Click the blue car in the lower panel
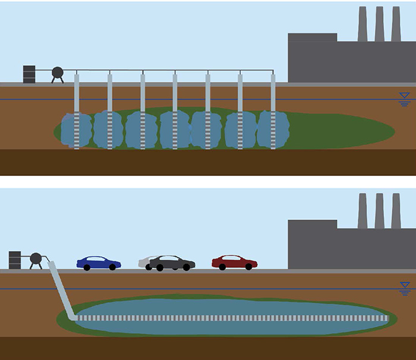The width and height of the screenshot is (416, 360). tap(99, 263)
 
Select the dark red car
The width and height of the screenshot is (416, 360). tap(234, 262)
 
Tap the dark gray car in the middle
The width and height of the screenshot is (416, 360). tap(172, 263)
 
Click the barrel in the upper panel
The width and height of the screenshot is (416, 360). tap(29, 74)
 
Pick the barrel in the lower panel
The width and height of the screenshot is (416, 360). tap(15, 260)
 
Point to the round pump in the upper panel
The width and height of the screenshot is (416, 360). tap(58, 72)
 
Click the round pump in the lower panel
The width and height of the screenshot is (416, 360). tap(36, 258)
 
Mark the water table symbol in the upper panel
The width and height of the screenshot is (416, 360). tap(405, 97)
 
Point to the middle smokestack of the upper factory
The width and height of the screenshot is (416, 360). tap(379, 24)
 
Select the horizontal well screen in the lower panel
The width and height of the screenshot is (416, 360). tap(232, 318)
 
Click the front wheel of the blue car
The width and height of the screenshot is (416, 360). tap(112, 268)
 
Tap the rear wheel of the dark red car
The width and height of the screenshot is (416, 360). tap(222, 267)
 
